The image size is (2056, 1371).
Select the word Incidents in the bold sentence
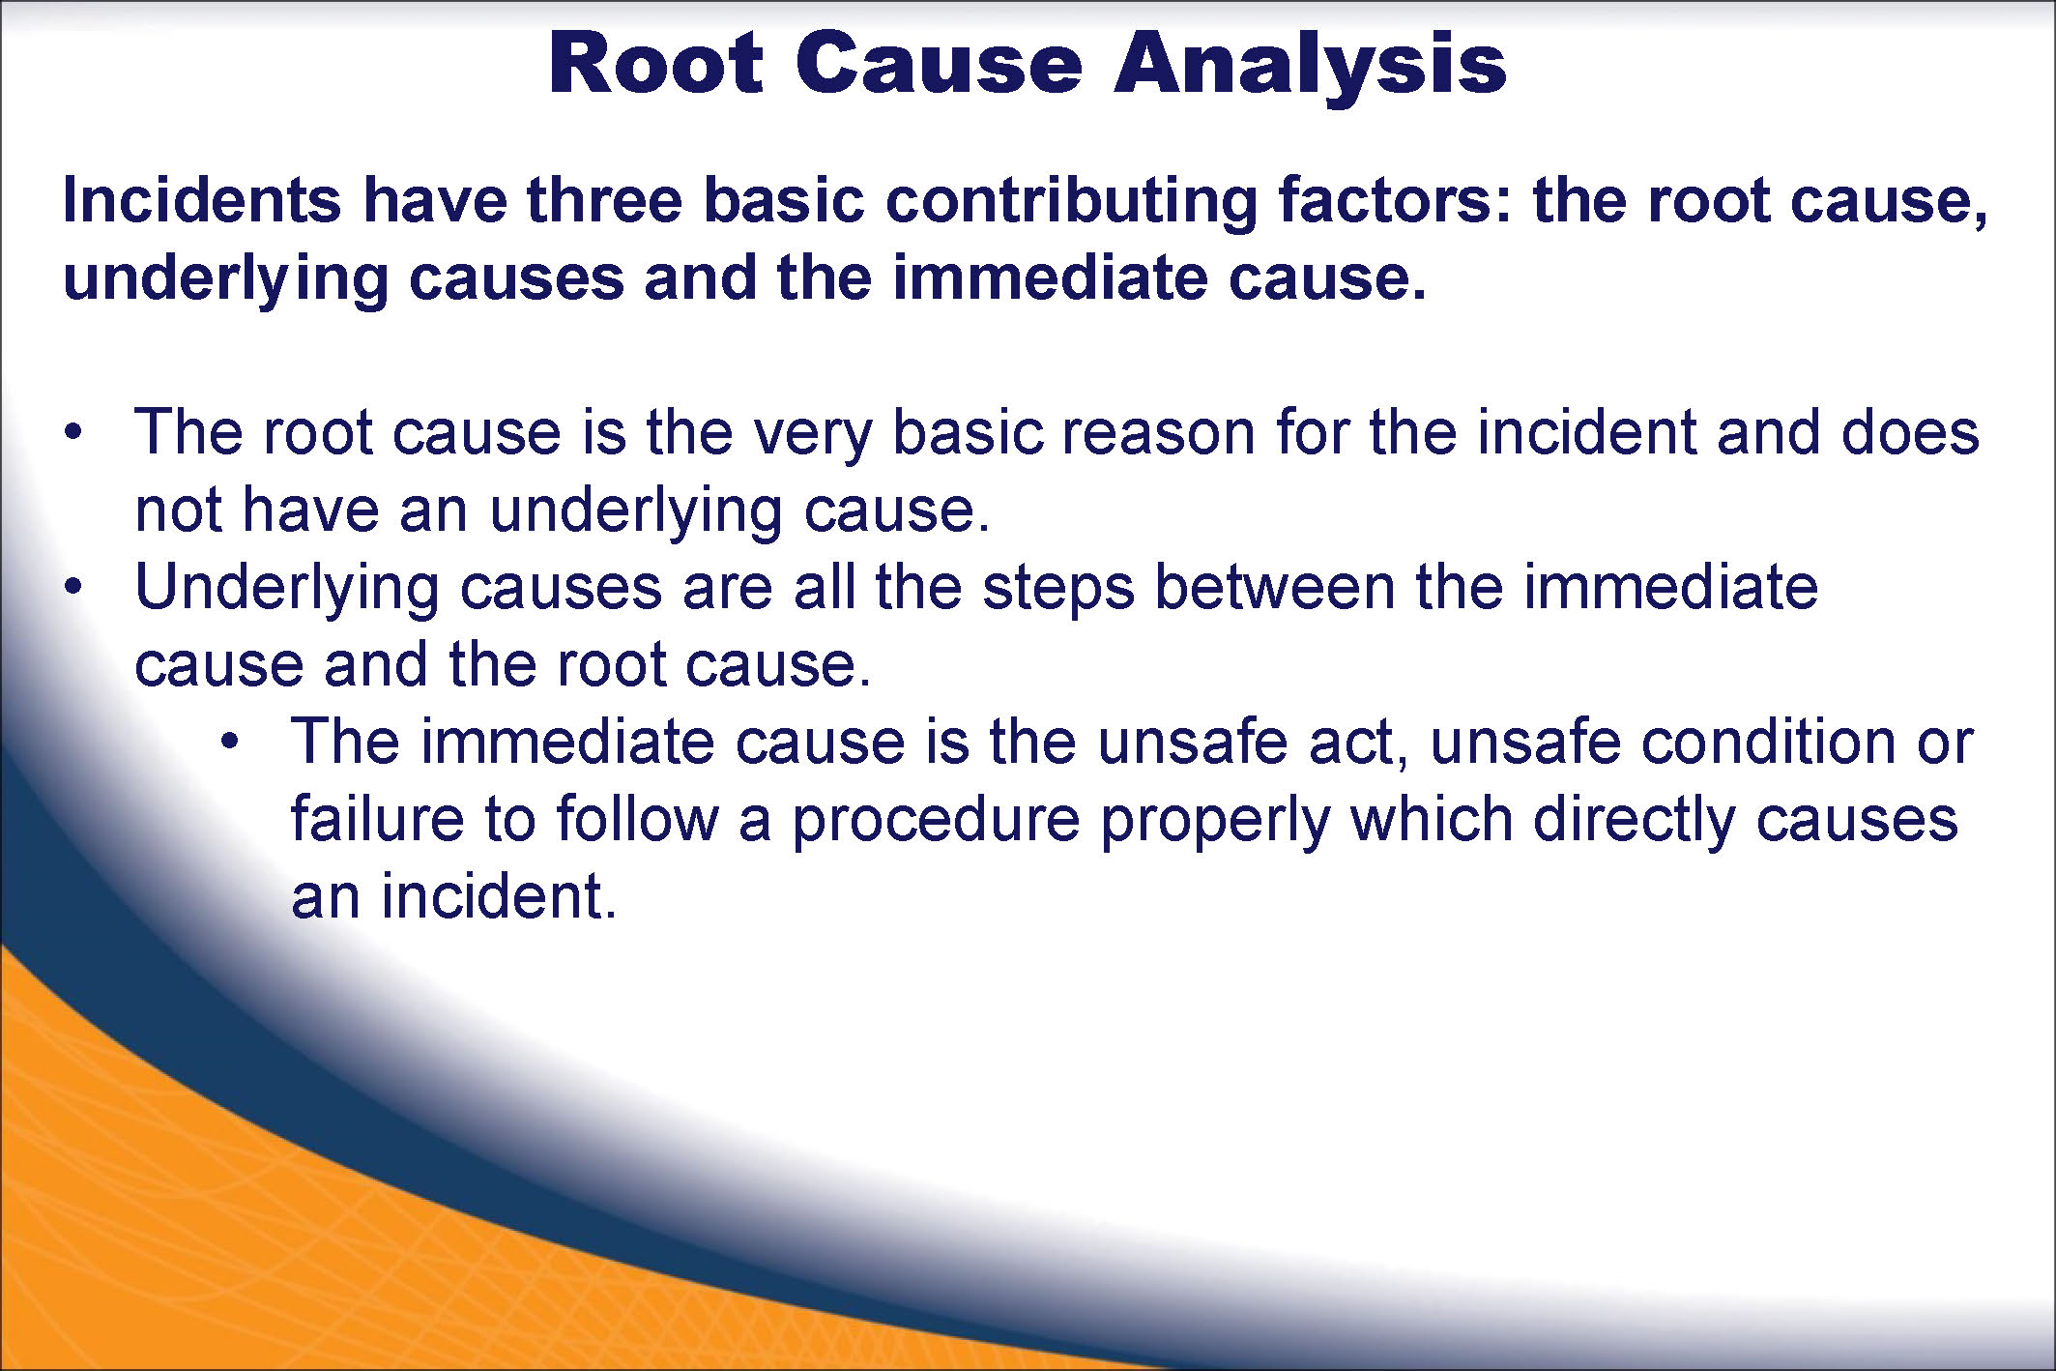(x=201, y=200)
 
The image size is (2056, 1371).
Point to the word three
(x=604, y=200)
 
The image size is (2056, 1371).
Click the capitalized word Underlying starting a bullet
(x=287, y=591)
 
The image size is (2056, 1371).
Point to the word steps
(x=1057, y=591)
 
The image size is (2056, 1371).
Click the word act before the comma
(x=1357, y=744)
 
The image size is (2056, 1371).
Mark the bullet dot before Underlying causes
(x=72, y=587)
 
